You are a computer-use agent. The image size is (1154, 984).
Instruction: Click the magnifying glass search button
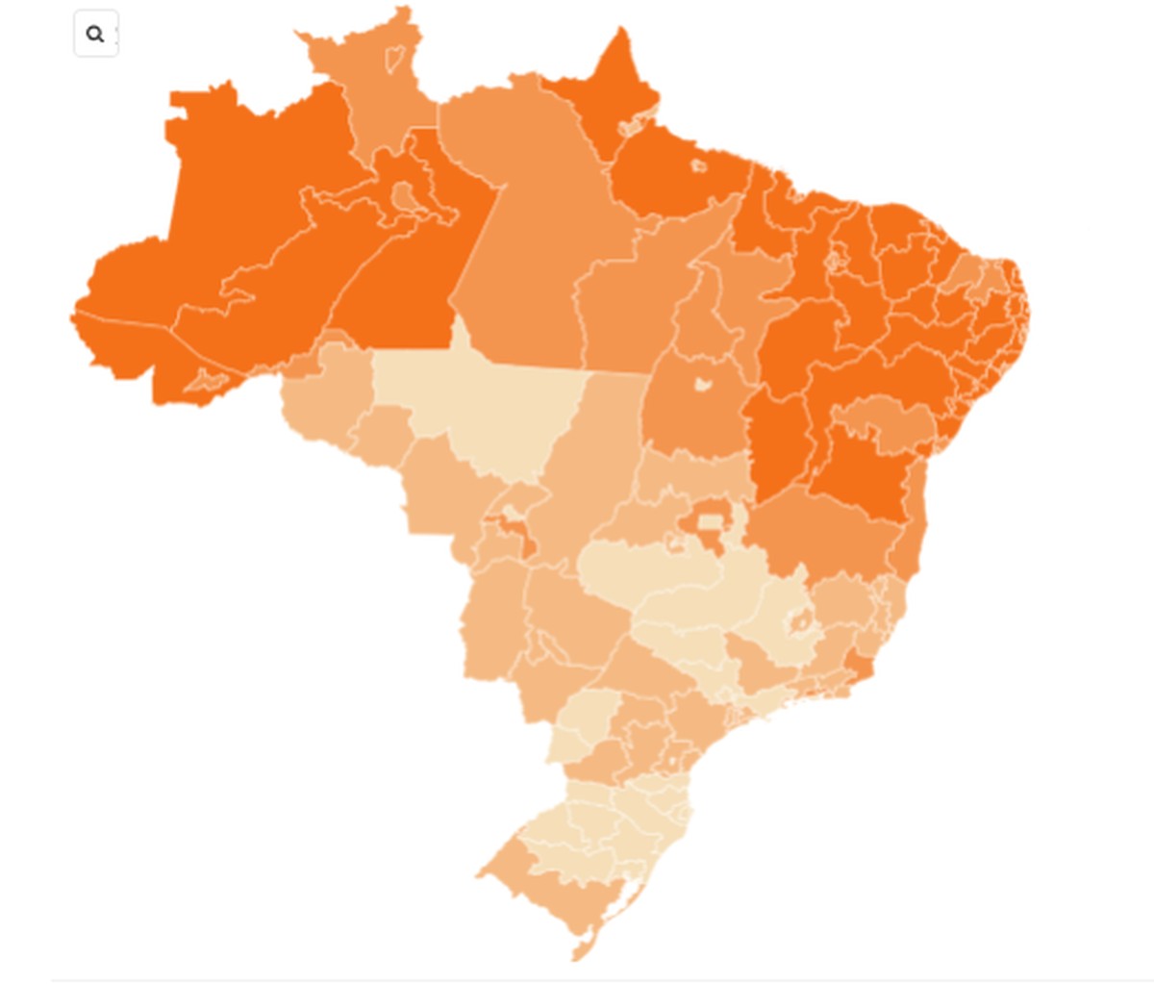95,35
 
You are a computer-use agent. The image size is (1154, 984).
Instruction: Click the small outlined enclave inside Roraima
395,59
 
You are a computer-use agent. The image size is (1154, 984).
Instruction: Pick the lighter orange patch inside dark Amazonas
405,196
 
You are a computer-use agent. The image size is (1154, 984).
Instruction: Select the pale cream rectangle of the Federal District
709,523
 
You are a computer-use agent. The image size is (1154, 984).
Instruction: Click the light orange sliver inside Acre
208,381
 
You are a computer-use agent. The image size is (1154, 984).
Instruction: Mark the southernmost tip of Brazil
576,956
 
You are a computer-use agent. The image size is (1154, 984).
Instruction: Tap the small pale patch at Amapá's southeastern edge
630,126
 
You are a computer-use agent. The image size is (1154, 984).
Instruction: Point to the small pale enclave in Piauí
835,258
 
